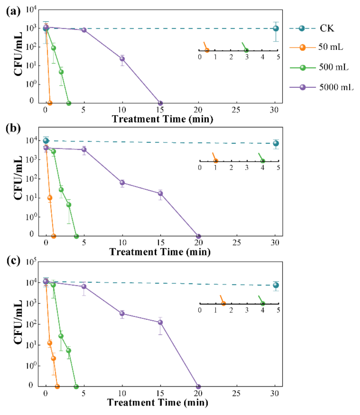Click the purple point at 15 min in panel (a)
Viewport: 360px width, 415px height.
(160, 103)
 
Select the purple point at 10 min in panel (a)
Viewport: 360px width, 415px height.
(122, 59)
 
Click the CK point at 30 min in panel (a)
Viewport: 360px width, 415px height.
(276, 28)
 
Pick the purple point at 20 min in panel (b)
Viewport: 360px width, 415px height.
(199, 237)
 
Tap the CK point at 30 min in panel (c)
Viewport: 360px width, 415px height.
(276, 285)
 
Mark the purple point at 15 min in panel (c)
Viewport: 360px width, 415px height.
(160, 322)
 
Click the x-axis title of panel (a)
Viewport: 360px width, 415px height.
(161, 118)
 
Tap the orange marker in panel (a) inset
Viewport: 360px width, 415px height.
(207, 50)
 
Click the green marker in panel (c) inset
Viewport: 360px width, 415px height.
(262, 304)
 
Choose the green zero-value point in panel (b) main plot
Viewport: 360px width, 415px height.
(76, 237)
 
